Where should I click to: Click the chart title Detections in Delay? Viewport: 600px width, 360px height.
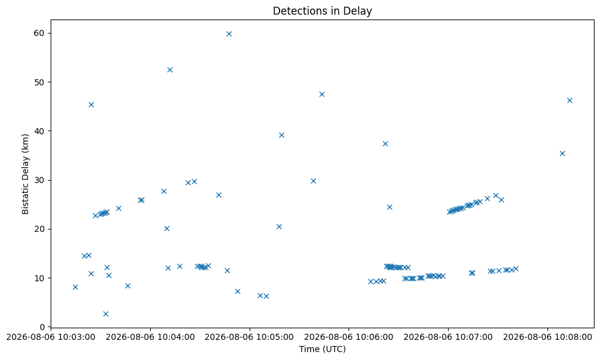[x=322, y=11]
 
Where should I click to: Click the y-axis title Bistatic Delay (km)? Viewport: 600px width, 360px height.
[x=25, y=174]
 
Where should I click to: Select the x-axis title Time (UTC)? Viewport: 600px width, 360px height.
[x=322, y=349]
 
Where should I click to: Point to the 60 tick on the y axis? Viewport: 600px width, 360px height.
[x=39, y=34]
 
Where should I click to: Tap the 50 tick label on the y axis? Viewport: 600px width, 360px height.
[x=39, y=82]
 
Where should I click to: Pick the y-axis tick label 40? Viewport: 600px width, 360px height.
[x=39, y=131]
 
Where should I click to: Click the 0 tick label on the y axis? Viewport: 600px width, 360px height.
[x=42, y=326]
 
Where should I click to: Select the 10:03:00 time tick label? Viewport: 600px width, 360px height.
[x=51, y=337]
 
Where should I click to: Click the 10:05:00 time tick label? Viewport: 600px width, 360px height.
[x=250, y=337]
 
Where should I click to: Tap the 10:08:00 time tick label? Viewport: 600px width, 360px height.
[x=548, y=337]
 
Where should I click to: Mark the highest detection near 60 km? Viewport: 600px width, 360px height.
[x=230, y=34]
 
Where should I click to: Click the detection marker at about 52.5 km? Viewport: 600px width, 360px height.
[x=170, y=70]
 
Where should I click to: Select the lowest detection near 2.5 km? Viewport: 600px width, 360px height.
[x=106, y=314]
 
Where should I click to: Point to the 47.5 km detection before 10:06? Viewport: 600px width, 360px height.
[x=322, y=94]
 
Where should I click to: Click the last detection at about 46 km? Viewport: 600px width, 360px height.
[x=569, y=100]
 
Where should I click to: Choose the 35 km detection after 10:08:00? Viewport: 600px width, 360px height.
[x=563, y=153]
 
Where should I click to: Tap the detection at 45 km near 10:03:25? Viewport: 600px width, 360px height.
[x=91, y=104]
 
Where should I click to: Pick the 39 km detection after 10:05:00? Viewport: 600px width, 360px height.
[x=281, y=135]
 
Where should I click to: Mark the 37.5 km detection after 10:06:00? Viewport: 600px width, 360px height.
[x=385, y=143]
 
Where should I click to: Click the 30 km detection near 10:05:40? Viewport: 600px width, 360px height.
[x=313, y=181]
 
